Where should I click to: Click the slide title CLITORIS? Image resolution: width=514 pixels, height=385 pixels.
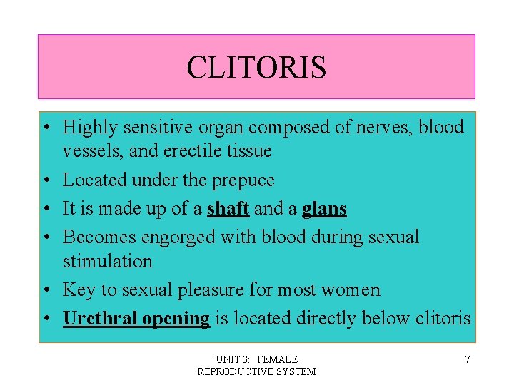[256, 68]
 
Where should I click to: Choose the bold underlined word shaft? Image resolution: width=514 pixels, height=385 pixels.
[228, 208]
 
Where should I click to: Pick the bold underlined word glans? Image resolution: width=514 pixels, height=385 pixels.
[324, 208]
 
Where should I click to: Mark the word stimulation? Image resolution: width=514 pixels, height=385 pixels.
[108, 261]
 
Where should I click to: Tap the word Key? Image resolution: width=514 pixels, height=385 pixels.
[79, 289]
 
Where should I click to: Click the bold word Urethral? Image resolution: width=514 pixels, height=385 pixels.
[100, 318]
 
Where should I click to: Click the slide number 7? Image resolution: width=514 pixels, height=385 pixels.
[468, 359]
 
